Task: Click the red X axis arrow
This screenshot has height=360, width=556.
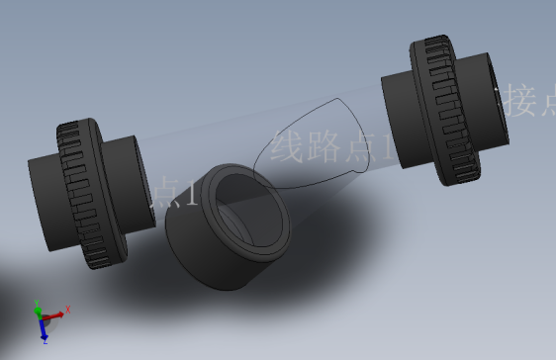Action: coord(56,315)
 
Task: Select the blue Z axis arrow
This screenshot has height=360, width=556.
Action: coord(45,329)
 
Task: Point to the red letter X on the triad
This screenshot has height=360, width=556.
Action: coord(68,311)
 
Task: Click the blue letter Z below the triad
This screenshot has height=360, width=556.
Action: coord(46,341)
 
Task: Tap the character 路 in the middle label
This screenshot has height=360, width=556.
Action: coord(323,148)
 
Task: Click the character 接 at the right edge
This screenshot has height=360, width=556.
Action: coord(521,101)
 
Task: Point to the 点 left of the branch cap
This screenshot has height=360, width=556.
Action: coord(165,191)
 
